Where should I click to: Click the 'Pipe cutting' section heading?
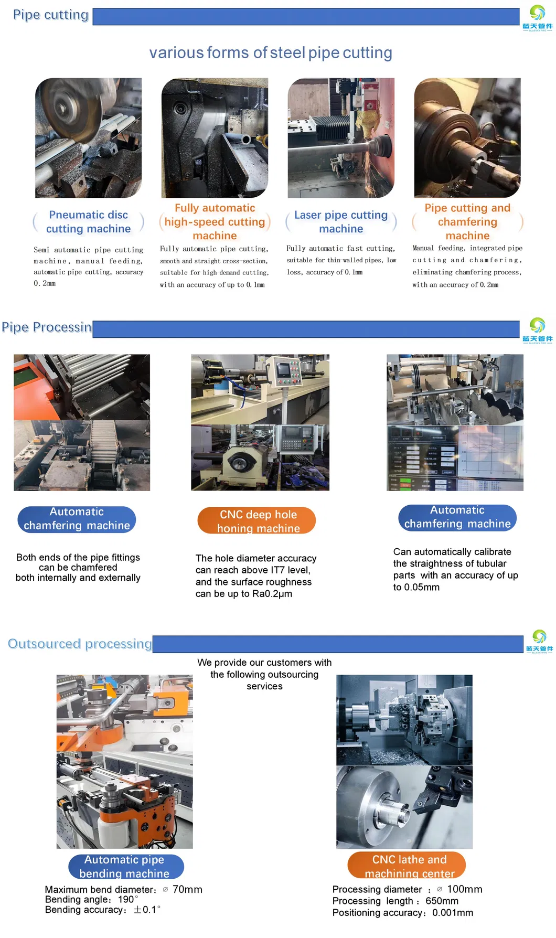pyautogui.click(x=50, y=15)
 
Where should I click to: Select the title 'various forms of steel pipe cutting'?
pyautogui.click(x=271, y=53)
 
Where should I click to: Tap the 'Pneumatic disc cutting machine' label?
pyautogui.click(x=88, y=222)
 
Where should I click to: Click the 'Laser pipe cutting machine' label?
pyautogui.click(x=341, y=222)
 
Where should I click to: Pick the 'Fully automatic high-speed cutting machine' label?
pyautogui.click(x=215, y=222)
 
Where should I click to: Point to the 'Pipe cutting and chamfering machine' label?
pyautogui.click(x=467, y=222)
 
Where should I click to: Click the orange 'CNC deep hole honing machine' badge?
pyautogui.click(x=257, y=521)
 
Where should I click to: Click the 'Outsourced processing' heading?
pyautogui.click(x=80, y=644)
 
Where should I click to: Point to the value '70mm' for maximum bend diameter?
pyautogui.click(x=187, y=889)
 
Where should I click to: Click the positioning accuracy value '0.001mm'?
pyautogui.click(x=453, y=913)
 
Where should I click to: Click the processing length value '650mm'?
pyautogui.click(x=442, y=901)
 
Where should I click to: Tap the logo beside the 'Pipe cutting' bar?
pyautogui.click(x=537, y=17)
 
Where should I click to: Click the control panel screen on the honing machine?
pyautogui.click(x=284, y=369)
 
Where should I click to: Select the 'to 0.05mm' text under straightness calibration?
pyautogui.click(x=416, y=587)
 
